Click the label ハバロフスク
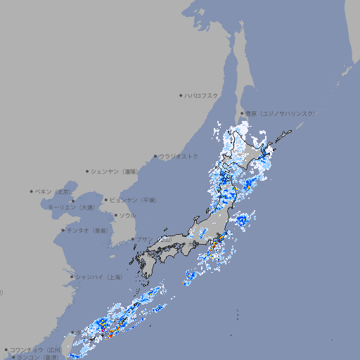(202, 95)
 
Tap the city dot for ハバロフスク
(181, 95)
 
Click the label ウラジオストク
(179, 156)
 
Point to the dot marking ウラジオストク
(155, 156)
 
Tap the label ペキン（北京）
(53, 191)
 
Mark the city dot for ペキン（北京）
(32, 191)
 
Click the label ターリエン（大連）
(71, 207)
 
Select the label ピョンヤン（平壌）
(133, 200)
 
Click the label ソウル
(127, 215)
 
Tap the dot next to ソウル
(115, 215)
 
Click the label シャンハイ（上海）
(98, 277)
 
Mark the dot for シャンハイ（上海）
(72, 277)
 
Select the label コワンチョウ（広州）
(36, 349)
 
